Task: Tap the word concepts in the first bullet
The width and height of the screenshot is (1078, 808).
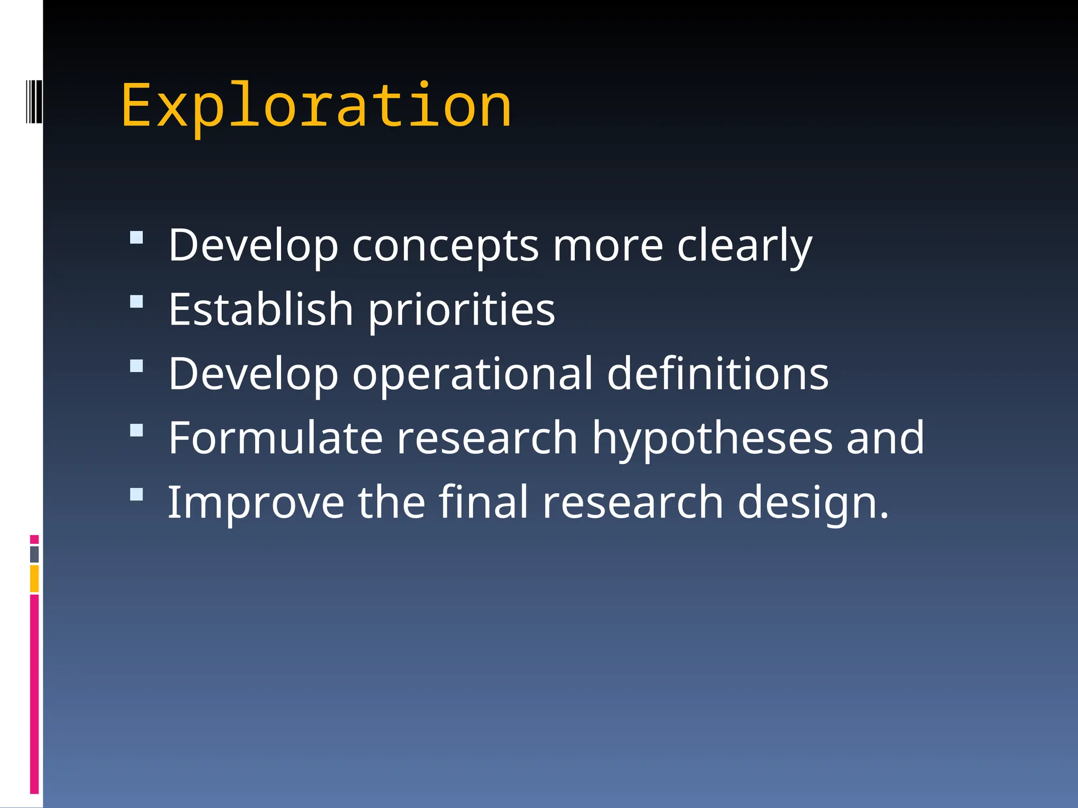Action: (445, 246)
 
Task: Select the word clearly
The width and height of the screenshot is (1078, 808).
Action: (744, 246)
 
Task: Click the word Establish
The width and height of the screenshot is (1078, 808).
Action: (261, 310)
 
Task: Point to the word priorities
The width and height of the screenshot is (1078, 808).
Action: (461, 310)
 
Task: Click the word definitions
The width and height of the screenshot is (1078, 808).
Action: (717, 374)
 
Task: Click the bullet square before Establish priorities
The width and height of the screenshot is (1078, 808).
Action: (136, 301)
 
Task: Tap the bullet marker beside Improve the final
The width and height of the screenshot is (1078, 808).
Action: (136, 494)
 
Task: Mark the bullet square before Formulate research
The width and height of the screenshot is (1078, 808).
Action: (136, 430)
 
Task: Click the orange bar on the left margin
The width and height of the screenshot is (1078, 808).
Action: (34, 579)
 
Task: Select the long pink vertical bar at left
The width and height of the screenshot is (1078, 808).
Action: (34, 694)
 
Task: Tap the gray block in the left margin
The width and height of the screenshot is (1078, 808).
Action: (34, 554)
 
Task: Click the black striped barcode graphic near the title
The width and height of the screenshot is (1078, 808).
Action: (34, 101)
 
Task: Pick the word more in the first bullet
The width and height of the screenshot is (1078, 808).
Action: (607, 246)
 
